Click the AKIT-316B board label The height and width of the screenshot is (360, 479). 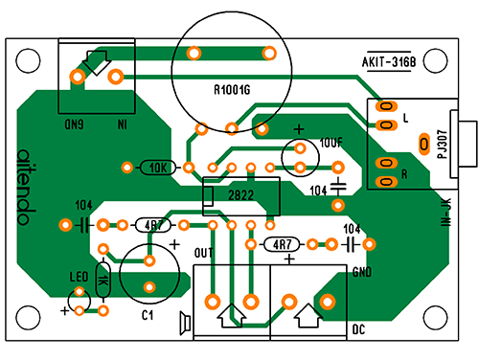tap(389, 62)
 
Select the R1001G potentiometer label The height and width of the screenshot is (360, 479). tap(232, 90)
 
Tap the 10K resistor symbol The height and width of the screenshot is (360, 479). tap(158, 168)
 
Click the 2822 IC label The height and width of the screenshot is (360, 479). tap(240, 195)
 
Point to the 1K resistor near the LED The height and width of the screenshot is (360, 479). tap(103, 281)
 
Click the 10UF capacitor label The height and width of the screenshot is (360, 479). tap(331, 143)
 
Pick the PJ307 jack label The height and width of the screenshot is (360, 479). tap(443, 144)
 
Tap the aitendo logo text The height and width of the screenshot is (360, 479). tap(26, 188)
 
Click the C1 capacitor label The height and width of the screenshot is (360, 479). tap(148, 315)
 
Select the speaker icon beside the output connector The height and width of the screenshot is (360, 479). tap(185, 323)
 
